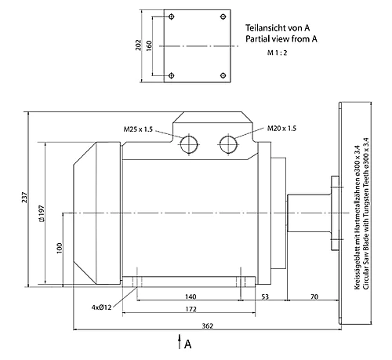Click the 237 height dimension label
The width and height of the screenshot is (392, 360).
coord(24,198)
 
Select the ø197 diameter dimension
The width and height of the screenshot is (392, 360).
coord(42,213)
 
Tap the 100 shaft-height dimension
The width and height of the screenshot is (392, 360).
coord(60,248)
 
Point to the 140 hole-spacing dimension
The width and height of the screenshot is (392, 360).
coord(191,296)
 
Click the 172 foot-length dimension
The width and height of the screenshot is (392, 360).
coord(191,309)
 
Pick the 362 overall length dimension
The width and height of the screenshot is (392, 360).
coord(208,326)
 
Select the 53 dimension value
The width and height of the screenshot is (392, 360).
coord(265,296)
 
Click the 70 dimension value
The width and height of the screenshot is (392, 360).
coord(314,296)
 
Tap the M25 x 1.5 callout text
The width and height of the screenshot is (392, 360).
coord(138,129)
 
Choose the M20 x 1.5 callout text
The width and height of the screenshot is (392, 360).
coord(281,129)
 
